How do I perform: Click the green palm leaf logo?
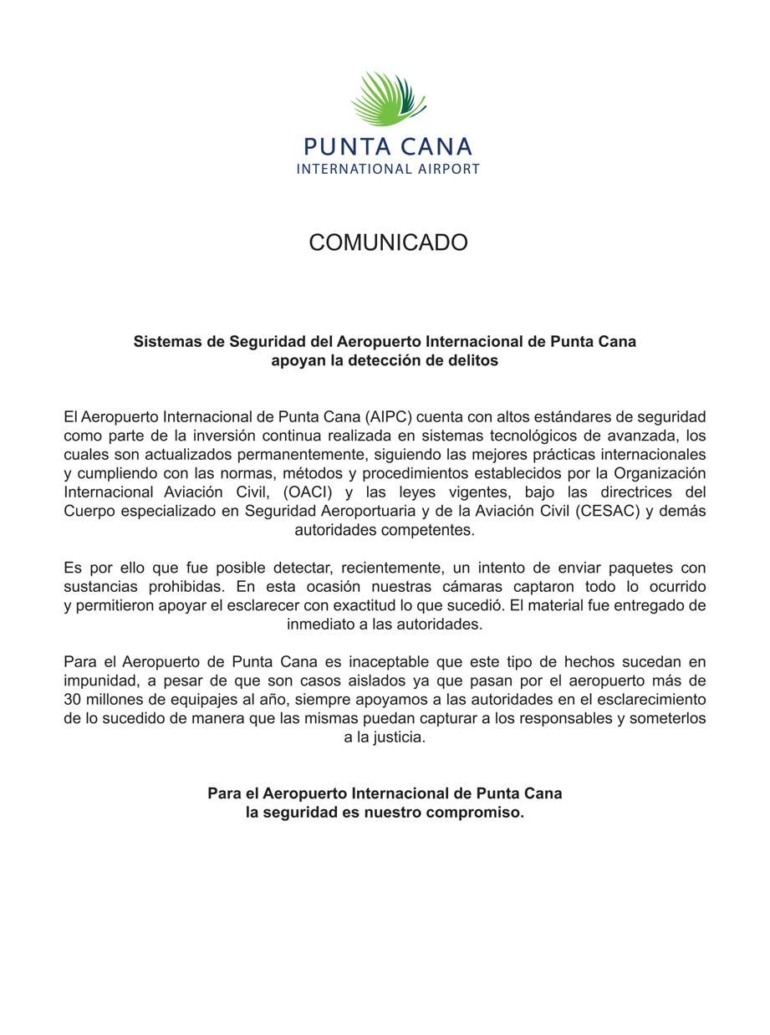point(387,99)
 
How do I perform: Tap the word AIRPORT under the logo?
point(449,169)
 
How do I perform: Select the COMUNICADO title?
point(388,242)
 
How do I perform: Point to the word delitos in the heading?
point(473,361)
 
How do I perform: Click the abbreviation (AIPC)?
point(386,416)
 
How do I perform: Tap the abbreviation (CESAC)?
point(609,511)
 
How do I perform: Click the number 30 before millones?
point(74,700)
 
